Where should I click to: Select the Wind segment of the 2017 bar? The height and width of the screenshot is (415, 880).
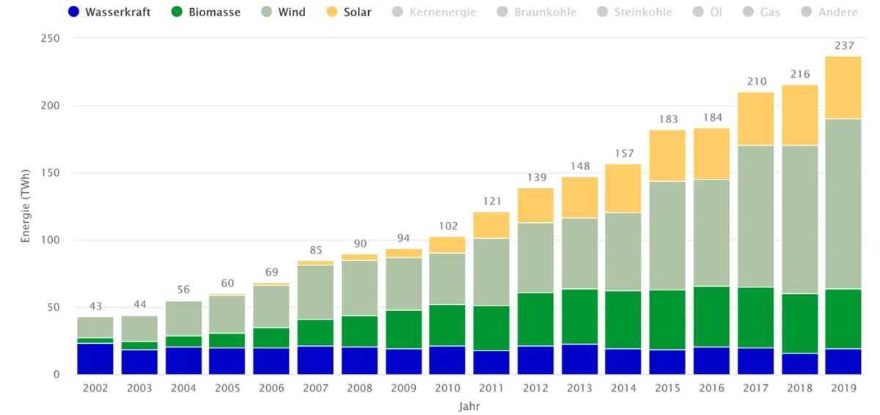[755, 216]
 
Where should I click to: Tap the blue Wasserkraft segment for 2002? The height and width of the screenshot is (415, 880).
[96, 359]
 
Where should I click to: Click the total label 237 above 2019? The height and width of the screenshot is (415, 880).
[844, 45]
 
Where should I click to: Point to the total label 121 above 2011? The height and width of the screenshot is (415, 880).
[492, 201]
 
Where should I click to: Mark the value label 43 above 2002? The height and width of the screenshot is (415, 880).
[96, 306]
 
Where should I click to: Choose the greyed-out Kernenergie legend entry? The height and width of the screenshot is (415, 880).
[433, 12]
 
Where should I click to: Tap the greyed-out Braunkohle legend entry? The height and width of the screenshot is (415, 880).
[536, 12]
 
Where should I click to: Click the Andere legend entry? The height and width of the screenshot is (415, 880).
[829, 12]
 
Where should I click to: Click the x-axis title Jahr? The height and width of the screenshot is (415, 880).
[469, 405]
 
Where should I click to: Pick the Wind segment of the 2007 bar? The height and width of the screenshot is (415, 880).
[316, 292]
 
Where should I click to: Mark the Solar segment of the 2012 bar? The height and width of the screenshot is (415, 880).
[536, 205]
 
